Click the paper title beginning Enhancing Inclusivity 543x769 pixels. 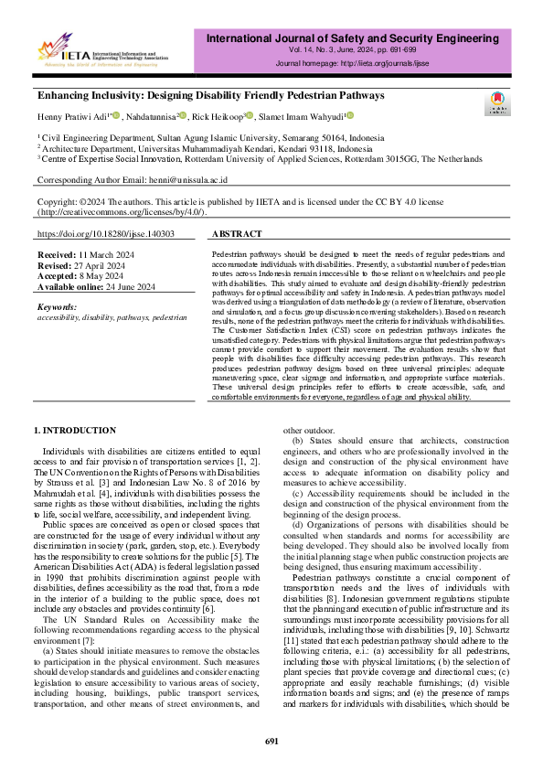click(x=210, y=95)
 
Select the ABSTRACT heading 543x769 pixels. click(x=236, y=235)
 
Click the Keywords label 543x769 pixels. click(x=57, y=307)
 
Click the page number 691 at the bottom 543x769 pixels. click(x=271, y=742)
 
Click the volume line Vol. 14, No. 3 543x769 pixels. click(x=359, y=53)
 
